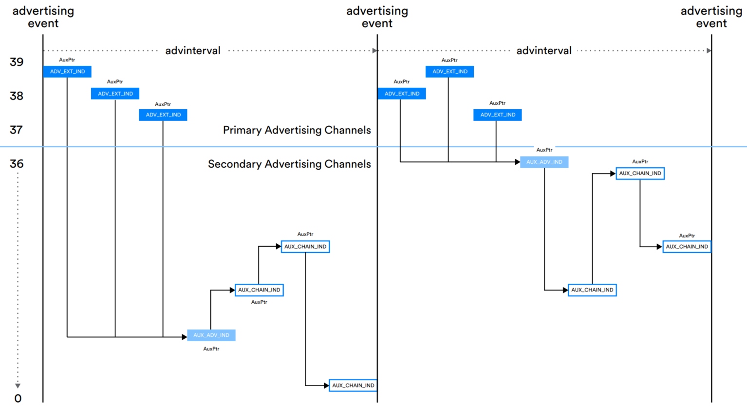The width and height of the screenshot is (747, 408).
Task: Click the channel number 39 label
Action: [x=17, y=62]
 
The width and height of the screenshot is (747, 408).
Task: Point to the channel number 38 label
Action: [x=17, y=96]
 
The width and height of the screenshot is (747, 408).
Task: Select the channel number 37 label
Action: [x=17, y=130]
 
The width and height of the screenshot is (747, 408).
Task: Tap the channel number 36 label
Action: [x=17, y=164]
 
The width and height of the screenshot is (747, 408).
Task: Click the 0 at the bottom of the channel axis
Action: [x=18, y=398]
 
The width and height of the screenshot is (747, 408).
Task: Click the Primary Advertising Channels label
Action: [x=297, y=130]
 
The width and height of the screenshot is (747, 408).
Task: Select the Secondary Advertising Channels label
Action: [x=289, y=164]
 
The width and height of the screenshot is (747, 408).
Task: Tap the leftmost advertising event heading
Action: [x=43, y=17]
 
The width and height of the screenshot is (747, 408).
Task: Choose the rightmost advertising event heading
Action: [x=711, y=17]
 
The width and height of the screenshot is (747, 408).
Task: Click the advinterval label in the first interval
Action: [x=193, y=51]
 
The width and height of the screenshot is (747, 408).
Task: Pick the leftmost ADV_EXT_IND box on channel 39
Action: [x=68, y=72]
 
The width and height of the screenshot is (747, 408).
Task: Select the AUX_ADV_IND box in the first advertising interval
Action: [x=211, y=335]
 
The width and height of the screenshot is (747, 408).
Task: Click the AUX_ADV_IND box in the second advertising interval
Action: [x=544, y=162]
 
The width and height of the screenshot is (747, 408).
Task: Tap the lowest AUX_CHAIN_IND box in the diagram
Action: [x=353, y=386]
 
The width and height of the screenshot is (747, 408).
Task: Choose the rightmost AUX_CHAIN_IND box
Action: [x=687, y=247]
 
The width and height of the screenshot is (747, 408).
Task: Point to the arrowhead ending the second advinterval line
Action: [x=709, y=51]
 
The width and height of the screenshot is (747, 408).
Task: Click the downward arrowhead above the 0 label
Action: [x=18, y=386]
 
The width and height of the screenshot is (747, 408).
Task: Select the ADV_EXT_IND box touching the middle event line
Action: [x=402, y=94]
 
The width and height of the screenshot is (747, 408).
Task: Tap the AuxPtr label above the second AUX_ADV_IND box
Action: [x=544, y=150]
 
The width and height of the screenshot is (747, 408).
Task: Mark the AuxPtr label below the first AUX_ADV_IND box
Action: [x=211, y=349]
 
